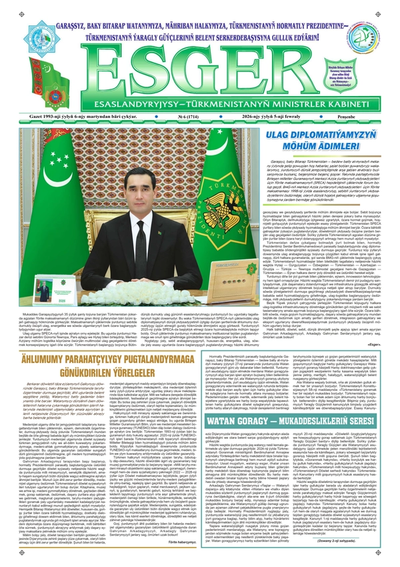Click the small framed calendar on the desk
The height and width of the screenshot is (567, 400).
[x=42, y=292]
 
